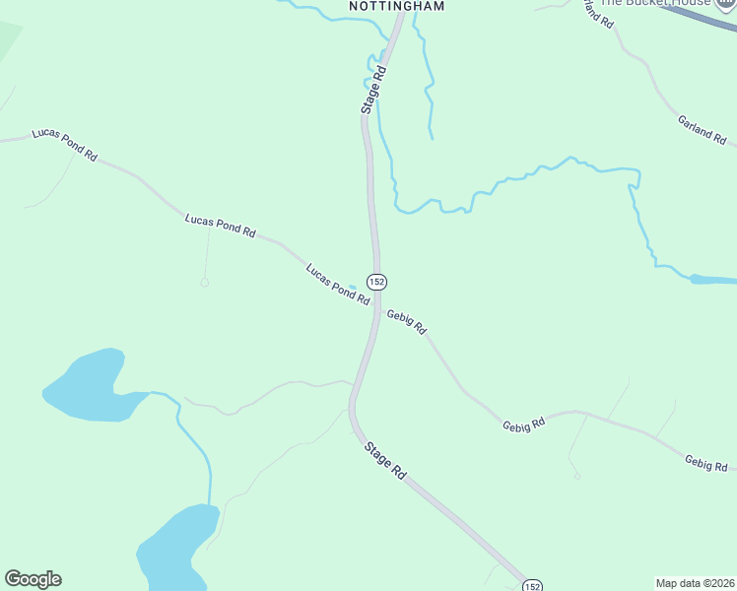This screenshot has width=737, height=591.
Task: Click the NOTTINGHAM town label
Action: coord(397,6)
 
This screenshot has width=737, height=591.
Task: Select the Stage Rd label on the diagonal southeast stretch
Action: coord(385,460)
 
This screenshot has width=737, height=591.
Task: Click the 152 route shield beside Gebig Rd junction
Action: coord(376,282)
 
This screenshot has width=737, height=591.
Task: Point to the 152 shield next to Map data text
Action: coord(532,584)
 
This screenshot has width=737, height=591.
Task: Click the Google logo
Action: coord(33,579)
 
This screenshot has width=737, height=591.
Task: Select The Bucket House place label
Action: coord(655,3)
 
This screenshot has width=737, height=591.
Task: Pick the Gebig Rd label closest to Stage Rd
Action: coord(406,322)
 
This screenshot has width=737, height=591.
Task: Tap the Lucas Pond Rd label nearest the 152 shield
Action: coord(337,284)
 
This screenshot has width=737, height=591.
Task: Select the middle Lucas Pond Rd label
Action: coord(220,227)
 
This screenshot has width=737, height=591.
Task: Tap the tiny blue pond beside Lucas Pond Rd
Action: coord(353,287)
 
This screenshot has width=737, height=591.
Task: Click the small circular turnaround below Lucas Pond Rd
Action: coord(205,283)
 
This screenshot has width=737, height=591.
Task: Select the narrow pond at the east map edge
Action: coord(713,280)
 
